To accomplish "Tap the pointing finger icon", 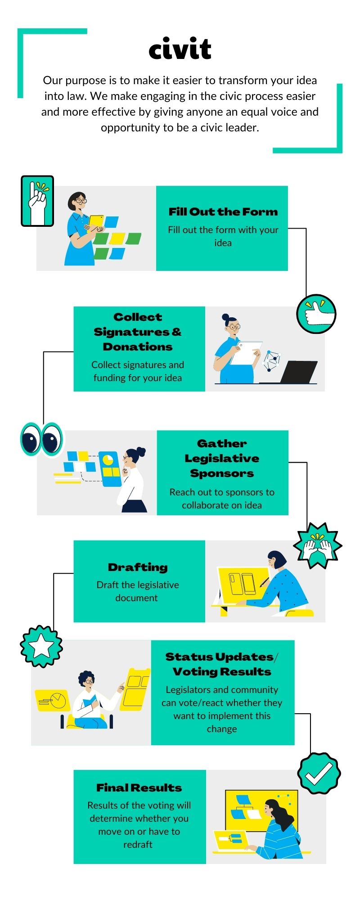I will (37, 201).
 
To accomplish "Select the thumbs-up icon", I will (316, 314).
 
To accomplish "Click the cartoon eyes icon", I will (41, 439).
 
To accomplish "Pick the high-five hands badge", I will (318, 545).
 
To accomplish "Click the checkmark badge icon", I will (319, 774).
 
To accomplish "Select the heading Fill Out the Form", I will (223, 211).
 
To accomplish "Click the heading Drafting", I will (138, 567).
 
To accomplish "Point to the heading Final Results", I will (139, 787).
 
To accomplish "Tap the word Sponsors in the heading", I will (222, 473).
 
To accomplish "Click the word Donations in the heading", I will (138, 346).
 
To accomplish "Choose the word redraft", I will (138, 845).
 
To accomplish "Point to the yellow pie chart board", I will (52, 700).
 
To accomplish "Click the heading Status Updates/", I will (222, 657).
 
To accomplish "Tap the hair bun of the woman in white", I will (141, 450).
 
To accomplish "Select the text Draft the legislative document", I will (138, 591).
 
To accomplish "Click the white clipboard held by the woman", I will (246, 353).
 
